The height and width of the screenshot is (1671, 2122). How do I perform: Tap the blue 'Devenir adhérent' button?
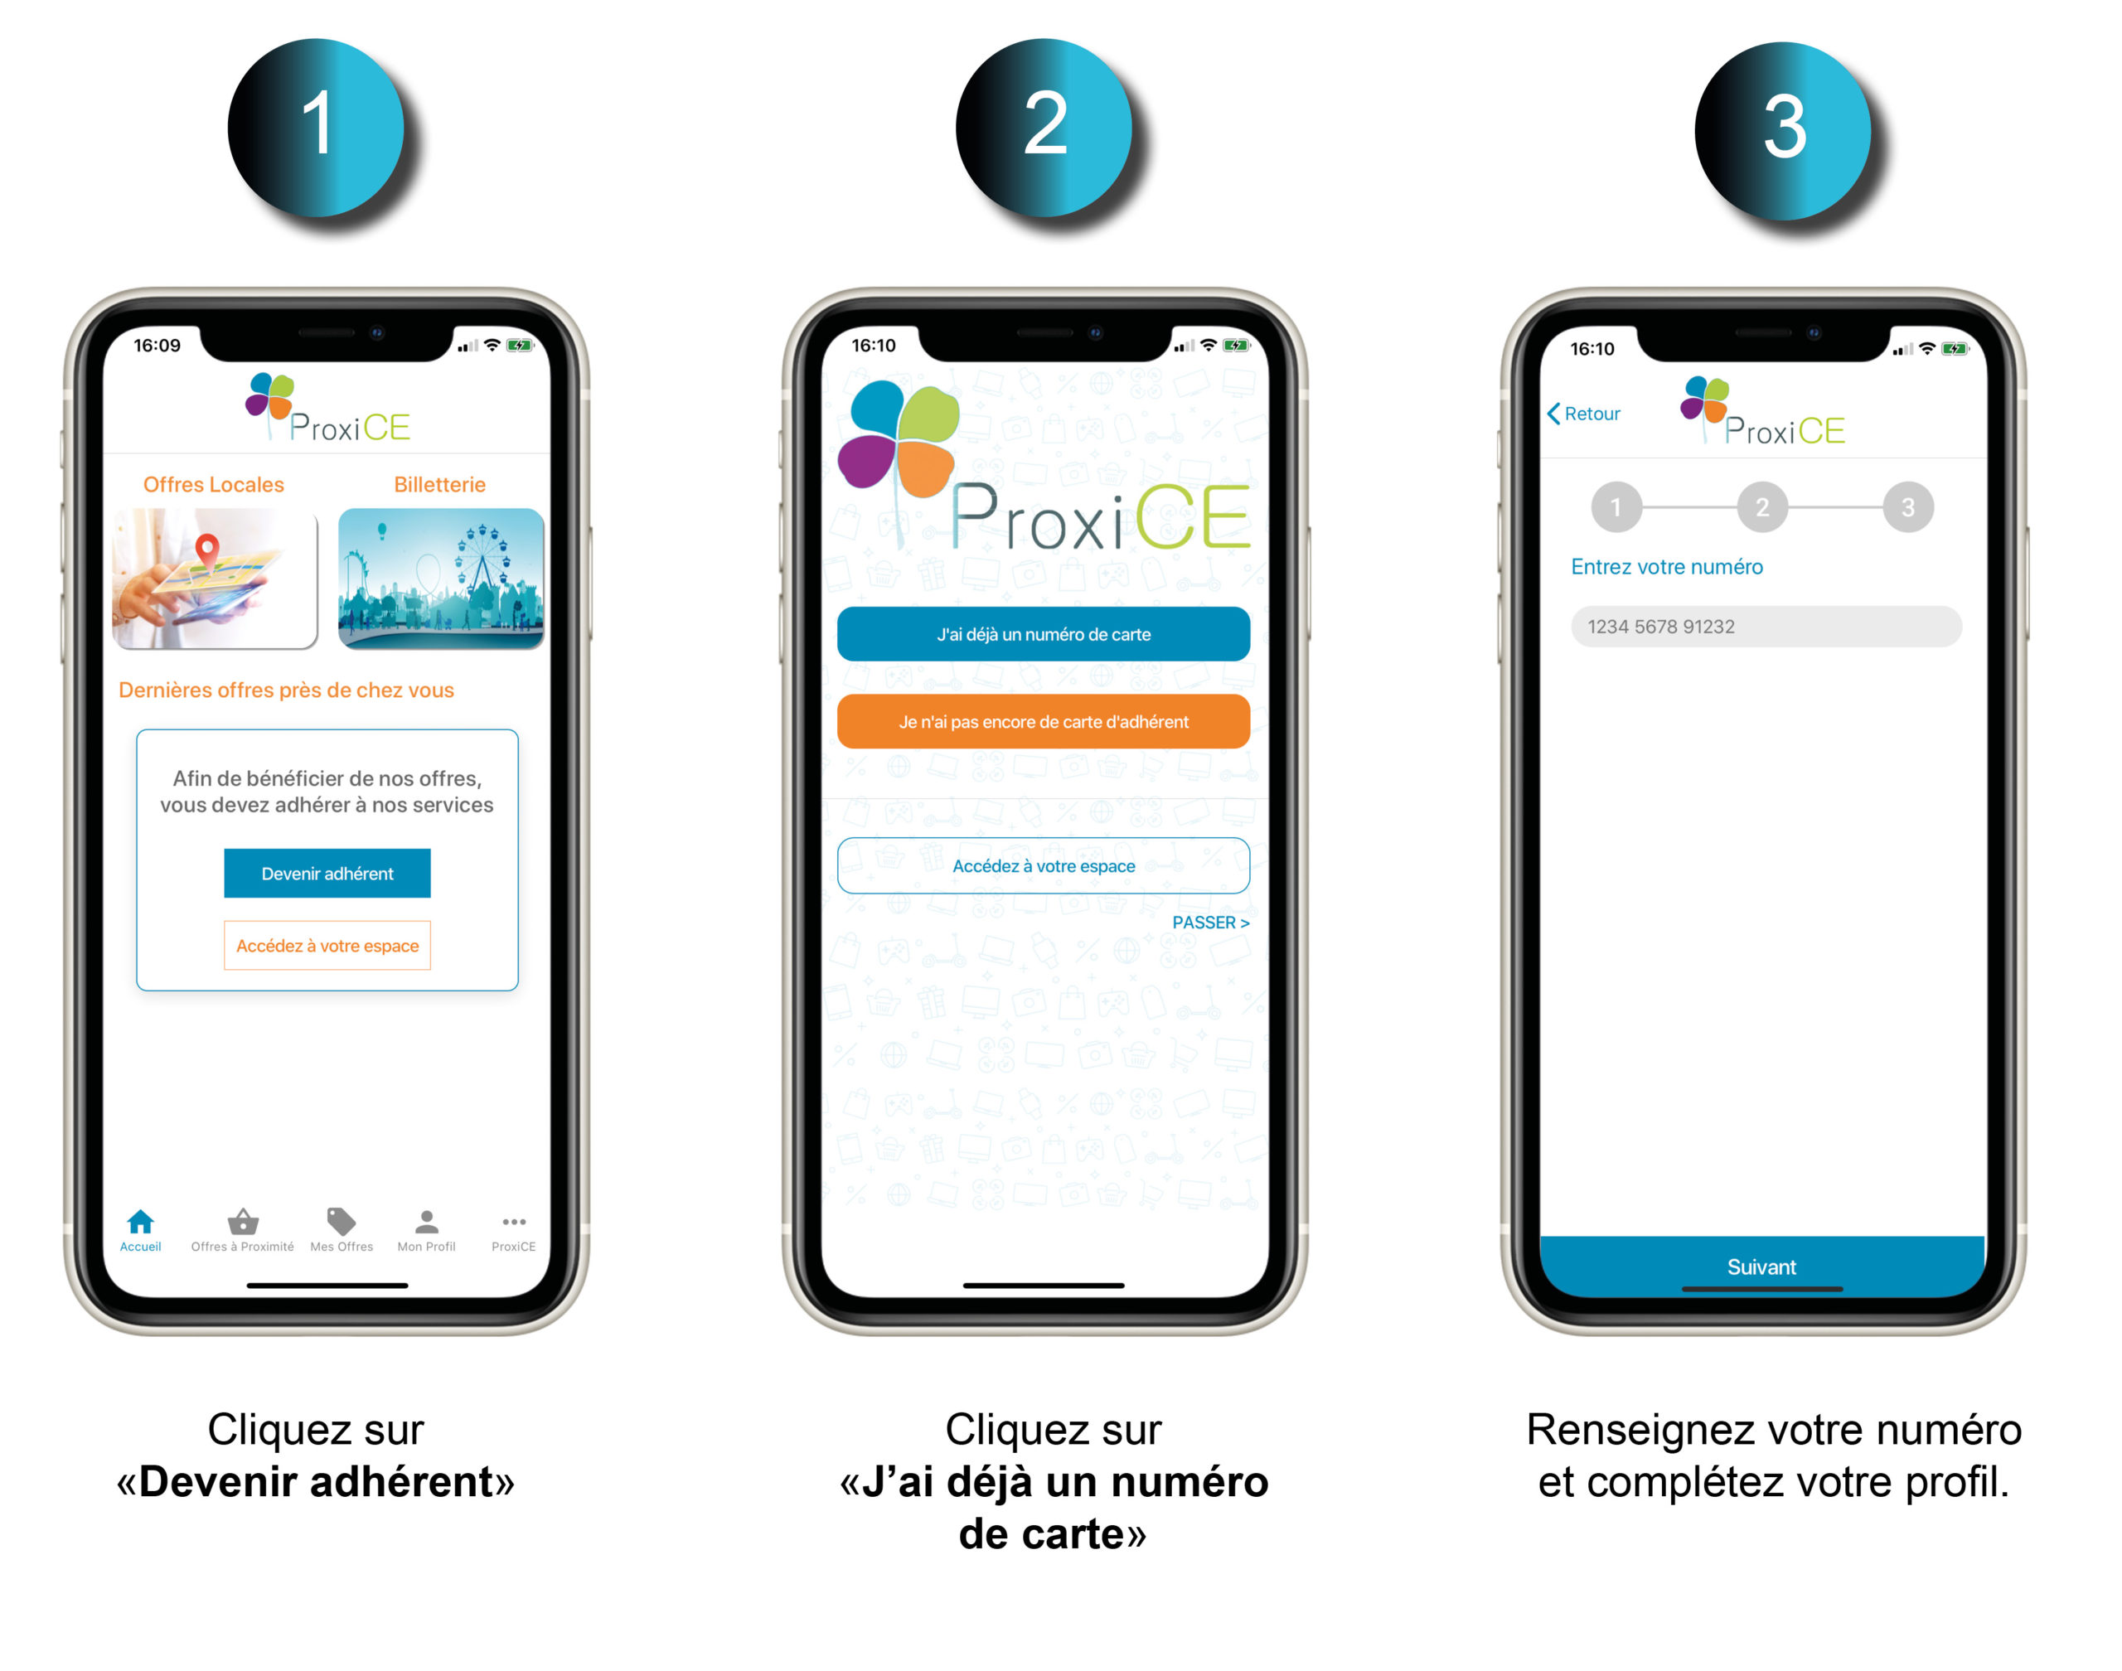327,873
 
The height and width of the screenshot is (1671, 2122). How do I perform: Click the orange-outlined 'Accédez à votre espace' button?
327,945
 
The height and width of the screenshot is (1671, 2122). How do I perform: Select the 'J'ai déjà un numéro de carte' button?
1043,634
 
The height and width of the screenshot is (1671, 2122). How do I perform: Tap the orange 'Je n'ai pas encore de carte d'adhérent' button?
1043,722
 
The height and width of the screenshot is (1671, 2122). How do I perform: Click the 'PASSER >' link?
1210,923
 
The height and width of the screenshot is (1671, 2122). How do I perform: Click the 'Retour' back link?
1583,414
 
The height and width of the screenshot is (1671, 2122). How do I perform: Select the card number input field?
1766,626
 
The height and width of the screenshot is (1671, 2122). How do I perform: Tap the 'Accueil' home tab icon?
141,1221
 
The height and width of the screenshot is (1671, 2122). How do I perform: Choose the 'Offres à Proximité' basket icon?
243,1221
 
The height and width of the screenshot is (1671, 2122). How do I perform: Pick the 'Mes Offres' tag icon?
341,1221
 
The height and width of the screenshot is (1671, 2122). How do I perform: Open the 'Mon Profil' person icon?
427,1221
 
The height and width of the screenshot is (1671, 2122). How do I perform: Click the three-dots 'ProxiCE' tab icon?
514,1222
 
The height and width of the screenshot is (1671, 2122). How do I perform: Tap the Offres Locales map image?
216,579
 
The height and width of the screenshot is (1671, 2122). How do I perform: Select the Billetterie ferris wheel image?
440,579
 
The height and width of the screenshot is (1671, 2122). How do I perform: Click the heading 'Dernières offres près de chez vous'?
286,690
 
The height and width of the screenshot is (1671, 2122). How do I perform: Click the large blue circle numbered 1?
316,127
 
